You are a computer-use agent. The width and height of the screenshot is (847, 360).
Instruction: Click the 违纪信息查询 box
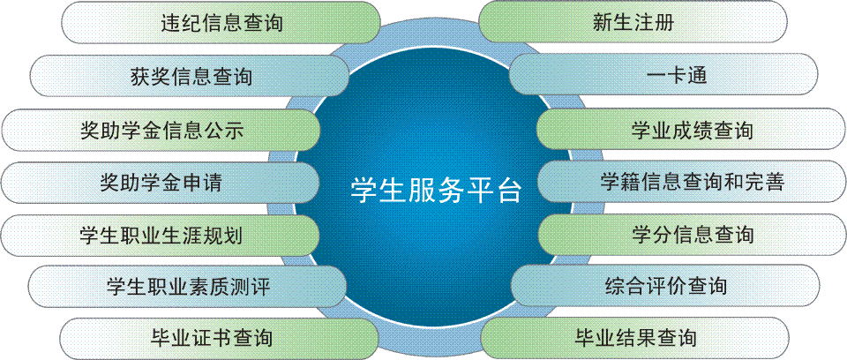click(x=222, y=23)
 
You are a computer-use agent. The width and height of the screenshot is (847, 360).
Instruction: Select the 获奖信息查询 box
click(x=191, y=76)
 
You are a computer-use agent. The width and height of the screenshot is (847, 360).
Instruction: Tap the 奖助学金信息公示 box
click(x=161, y=130)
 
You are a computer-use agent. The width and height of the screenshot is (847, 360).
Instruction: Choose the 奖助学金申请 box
click(x=161, y=183)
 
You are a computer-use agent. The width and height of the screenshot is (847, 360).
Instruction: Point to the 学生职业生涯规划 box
click(x=161, y=236)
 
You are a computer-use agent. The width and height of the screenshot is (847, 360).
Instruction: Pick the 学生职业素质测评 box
click(x=187, y=286)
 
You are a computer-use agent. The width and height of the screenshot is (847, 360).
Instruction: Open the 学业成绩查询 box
click(x=691, y=130)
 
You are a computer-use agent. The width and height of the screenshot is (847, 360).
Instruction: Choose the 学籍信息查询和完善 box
click(x=692, y=183)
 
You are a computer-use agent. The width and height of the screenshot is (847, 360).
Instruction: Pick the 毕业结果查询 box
click(x=635, y=337)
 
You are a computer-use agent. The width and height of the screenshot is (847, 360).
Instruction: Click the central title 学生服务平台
click(x=435, y=190)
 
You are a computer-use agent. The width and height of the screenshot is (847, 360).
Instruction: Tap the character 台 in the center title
click(x=507, y=190)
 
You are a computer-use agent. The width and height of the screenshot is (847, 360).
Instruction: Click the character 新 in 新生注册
click(x=603, y=23)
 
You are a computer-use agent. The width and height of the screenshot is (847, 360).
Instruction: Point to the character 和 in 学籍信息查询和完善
click(x=733, y=183)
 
